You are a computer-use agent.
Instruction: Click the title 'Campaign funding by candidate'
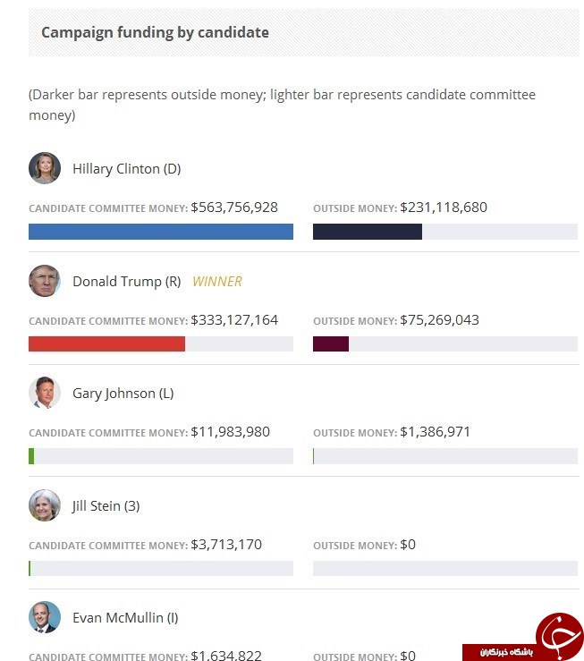[155, 32]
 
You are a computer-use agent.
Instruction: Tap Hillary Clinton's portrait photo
[45, 168]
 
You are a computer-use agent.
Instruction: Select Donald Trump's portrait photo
[45, 281]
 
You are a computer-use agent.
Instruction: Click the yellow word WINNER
[217, 281]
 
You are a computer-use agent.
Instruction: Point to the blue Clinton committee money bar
[161, 232]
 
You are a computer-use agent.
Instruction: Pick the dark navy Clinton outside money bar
[368, 232]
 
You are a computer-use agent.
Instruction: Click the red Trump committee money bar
[106, 343]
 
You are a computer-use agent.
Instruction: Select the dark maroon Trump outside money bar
[331, 343]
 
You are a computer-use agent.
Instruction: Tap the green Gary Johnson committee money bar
[31, 456]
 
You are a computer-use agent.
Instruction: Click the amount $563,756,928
[234, 208]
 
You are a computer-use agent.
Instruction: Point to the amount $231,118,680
[444, 208]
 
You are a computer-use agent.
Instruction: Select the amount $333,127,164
[234, 320]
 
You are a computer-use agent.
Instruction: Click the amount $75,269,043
[439, 320]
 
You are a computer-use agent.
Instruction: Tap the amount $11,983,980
[230, 432]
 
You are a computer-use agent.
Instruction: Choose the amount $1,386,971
[435, 432]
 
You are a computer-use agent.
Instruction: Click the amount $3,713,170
[226, 545]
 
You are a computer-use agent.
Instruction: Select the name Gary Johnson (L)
[123, 394]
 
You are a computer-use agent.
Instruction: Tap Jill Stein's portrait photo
[45, 505]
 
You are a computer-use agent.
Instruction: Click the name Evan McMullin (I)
[125, 618]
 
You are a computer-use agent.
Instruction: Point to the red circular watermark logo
[560, 636]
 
